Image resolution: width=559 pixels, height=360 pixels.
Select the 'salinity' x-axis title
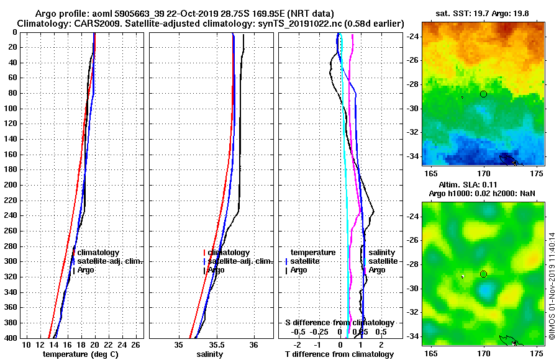coord(209,354)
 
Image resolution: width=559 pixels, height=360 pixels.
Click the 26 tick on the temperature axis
coord(135,345)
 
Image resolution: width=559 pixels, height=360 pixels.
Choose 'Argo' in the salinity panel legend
coord(216,270)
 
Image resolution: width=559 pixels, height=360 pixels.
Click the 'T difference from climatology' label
coord(339,354)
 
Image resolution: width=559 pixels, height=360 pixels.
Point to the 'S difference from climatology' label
coord(340,323)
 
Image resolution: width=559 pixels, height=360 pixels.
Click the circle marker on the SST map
coord(483,94)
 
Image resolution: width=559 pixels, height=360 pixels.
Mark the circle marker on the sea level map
coord(483,274)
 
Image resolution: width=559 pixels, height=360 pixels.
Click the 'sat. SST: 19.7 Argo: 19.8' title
coord(483,14)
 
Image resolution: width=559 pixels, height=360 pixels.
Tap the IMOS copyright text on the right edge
coord(552,286)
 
